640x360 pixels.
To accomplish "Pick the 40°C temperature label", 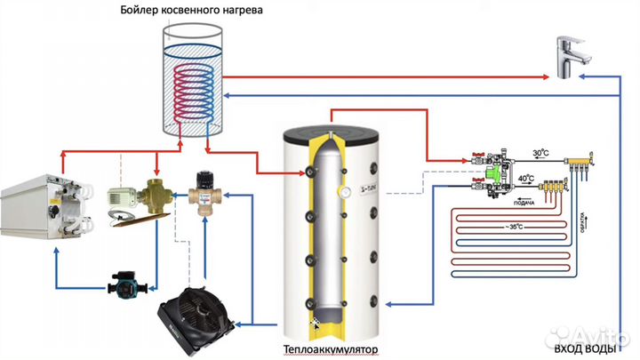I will point(526,178).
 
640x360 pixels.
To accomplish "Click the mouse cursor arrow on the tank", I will point(315,322).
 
